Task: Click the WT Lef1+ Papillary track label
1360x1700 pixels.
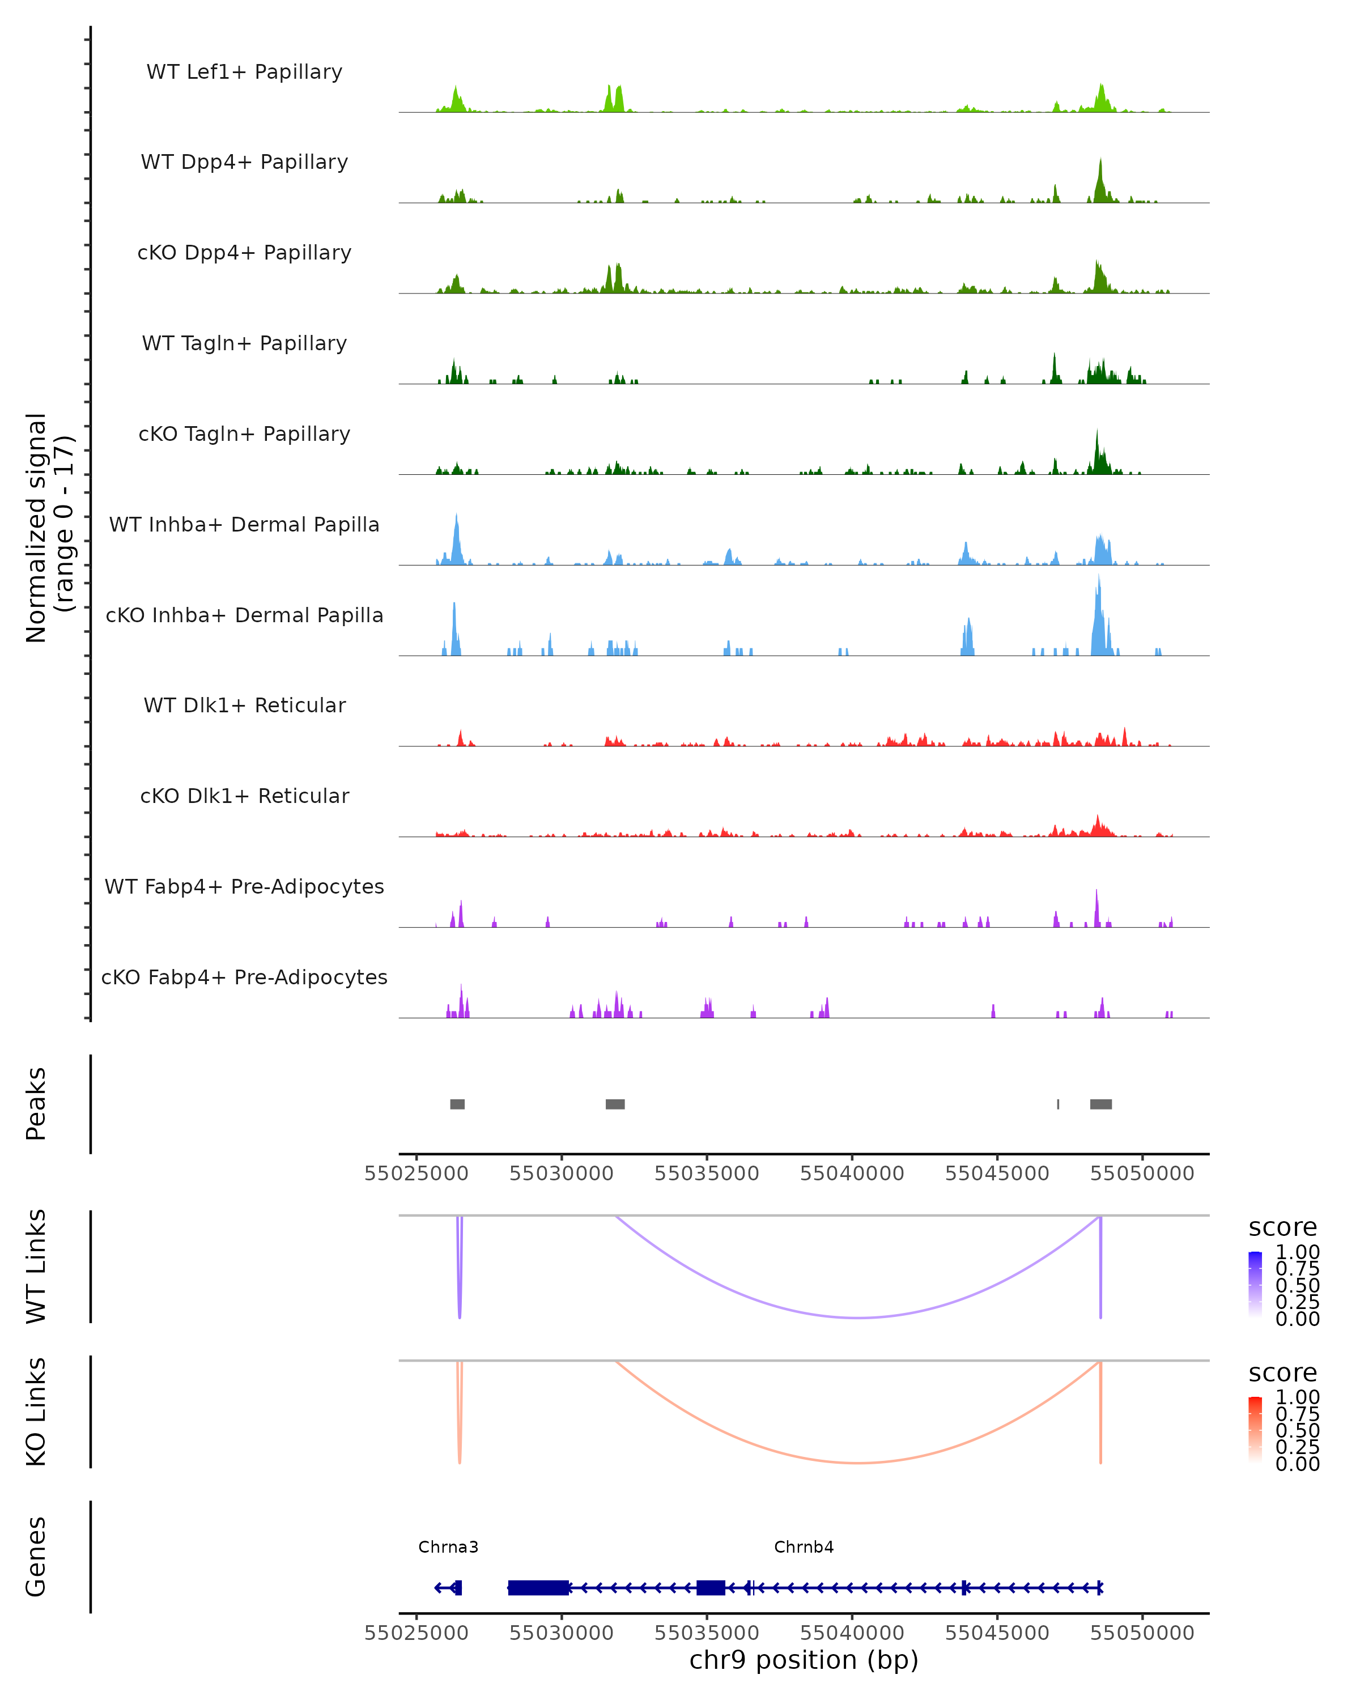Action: [x=244, y=72]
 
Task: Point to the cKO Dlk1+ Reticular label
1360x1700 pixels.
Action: [x=244, y=796]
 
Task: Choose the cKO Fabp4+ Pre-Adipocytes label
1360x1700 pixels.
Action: [x=244, y=977]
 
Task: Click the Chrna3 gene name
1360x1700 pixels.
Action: [x=448, y=1546]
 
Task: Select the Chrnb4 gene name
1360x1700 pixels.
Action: [x=804, y=1546]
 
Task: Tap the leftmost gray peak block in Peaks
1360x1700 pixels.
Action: [x=457, y=1104]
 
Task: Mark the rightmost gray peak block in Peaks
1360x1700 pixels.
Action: [x=1100, y=1104]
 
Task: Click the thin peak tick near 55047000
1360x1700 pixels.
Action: [x=1058, y=1104]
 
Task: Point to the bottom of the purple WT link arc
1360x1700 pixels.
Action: [x=860, y=1317]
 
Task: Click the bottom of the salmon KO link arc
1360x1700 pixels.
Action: [x=860, y=1463]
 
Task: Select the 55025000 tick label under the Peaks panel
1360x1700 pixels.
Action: [x=416, y=1174]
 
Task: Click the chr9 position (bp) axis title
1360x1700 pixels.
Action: [x=804, y=1660]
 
